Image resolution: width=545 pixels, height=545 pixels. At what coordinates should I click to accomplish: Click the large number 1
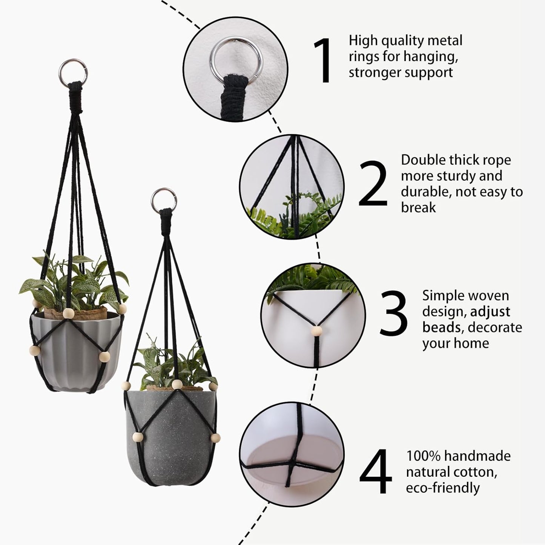[x=323, y=60]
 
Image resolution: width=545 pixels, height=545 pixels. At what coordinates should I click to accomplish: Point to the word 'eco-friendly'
[x=442, y=488]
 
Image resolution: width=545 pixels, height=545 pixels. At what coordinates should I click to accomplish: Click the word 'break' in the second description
[x=418, y=207]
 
